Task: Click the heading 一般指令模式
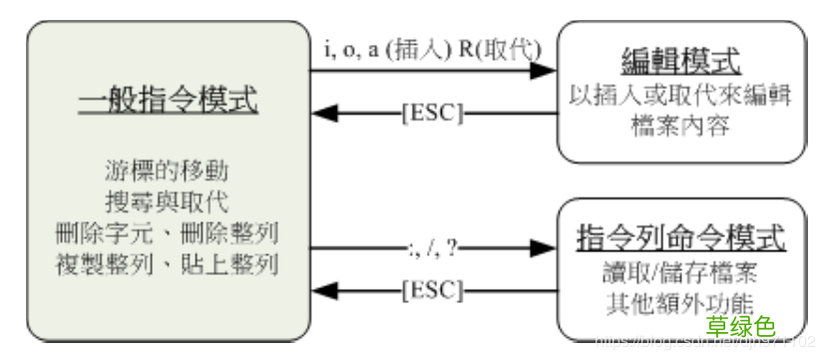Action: pyautogui.click(x=168, y=100)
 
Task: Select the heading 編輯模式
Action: pyautogui.click(x=682, y=62)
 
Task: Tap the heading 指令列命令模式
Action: pyautogui.click(x=682, y=239)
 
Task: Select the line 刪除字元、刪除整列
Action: pyautogui.click(x=168, y=234)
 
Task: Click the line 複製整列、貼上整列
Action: pyautogui.click(x=168, y=267)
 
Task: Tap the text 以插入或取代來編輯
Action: pyautogui.click(x=682, y=97)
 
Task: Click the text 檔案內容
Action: pyautogui.click(x=682, y=128)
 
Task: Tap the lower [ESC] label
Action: pyautogui.click(x=432, y=290)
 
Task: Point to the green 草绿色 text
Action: pyautogui.click(x=740, y=325)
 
